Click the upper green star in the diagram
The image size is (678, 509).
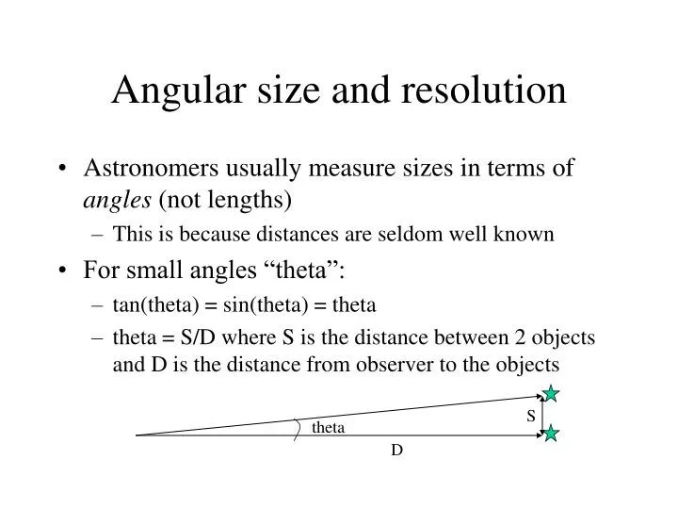(x=551, y=394)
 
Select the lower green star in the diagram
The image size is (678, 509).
(x=551, y=434)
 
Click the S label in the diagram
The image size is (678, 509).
(x=531, y=415)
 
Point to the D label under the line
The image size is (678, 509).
(x=397, y=451)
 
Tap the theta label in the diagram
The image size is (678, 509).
(x=329, y=428)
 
